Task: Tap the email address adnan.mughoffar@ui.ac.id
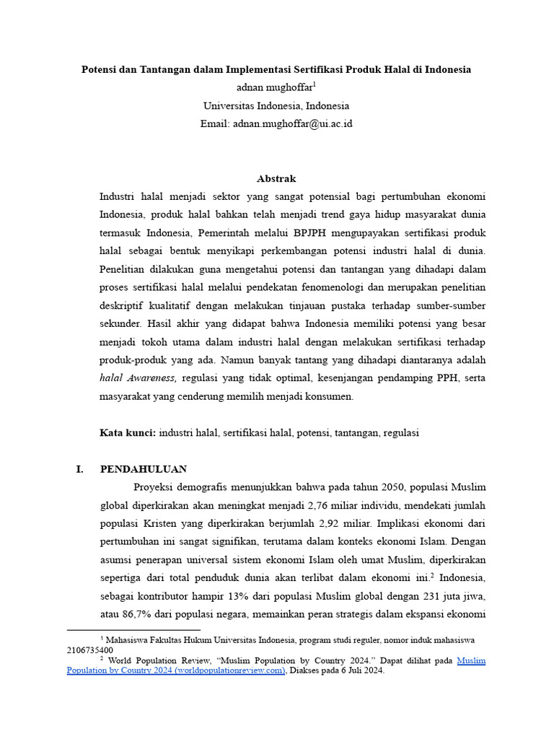[292, 123]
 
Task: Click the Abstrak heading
[276, 178]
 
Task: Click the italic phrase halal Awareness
[138, 377]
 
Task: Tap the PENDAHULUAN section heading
[144, 469]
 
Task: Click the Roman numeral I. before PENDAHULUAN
[79, 469]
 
